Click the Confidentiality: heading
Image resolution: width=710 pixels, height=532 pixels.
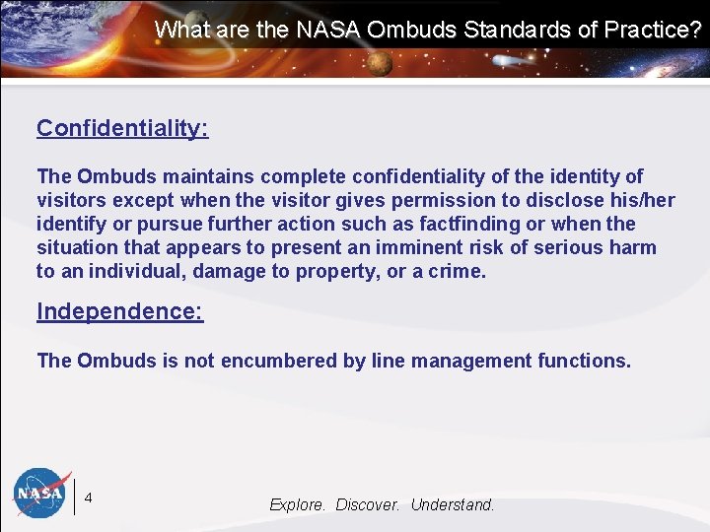122,128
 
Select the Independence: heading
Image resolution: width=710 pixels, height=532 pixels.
119,311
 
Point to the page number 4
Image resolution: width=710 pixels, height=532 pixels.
89,498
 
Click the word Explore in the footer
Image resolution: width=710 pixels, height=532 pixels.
298,504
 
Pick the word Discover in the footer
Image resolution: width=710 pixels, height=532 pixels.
368,504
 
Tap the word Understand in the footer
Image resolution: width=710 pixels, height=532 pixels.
452,504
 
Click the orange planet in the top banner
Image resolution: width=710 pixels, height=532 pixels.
381,63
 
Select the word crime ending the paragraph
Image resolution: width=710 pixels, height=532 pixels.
457,271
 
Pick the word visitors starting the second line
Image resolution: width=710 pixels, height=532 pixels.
71,200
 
